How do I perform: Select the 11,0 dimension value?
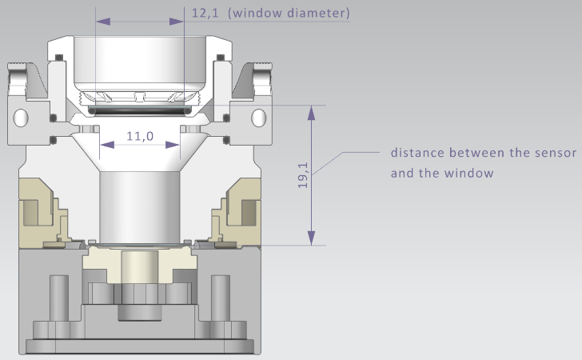(140, 137)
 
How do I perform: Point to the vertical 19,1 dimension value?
(302, 175)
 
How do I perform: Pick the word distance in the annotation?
(417, 152)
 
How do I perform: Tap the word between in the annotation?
(471, 152)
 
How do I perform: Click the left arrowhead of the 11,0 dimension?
(105, 145)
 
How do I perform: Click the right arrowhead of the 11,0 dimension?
(174, 145)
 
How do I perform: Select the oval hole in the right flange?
(257, 118)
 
